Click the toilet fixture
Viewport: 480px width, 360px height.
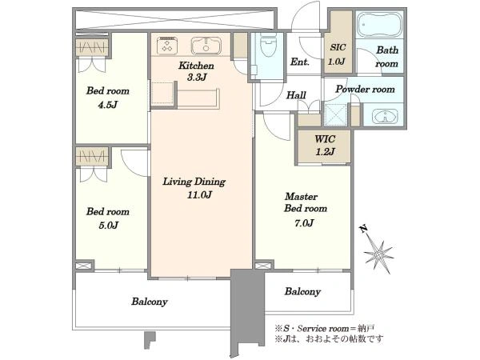268,45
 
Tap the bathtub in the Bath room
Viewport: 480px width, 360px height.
379,24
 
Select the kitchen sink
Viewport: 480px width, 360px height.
206,46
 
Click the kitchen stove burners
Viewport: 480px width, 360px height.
167,46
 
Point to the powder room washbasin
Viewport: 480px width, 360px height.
385,117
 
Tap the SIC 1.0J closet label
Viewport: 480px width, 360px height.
338,54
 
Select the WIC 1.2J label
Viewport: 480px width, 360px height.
325,146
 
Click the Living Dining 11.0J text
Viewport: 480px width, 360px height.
194,188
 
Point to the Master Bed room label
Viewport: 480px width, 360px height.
306,202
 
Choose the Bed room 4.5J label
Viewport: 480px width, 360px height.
108,98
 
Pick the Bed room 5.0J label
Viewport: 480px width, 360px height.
108,218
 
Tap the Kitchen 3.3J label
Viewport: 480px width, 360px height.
196,71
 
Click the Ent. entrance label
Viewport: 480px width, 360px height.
300,62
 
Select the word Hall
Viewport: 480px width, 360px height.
296,95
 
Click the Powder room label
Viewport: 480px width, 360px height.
366,89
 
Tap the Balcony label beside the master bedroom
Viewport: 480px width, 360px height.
302,291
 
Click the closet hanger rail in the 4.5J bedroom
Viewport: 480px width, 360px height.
92,47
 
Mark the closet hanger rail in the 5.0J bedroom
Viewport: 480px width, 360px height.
92,157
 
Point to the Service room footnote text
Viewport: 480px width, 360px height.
325,329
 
